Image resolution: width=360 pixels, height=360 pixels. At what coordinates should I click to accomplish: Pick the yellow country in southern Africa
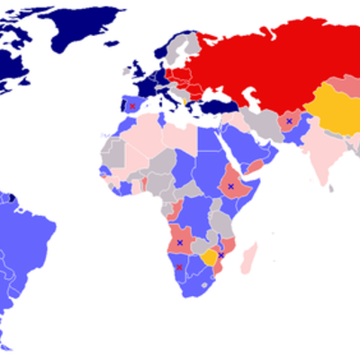pyautogui.click(x=211, y=258)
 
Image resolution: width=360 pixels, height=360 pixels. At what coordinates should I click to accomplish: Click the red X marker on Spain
pyautogui.click(x=133, y=105)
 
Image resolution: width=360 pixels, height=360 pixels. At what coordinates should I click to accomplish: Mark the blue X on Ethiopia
pyautogui.click(x=231, y=186)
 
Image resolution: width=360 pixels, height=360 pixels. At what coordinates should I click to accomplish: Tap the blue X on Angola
pyautogui.click(x=180, y=242)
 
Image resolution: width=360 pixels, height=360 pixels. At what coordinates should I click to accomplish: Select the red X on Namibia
pyautogui.click(x=180, y=266)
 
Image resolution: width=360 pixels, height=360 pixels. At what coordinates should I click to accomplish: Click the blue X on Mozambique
pyautogui.click(x=221, y=255)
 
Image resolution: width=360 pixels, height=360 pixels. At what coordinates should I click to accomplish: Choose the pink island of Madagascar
pyautogui.click(x=249, y=256)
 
